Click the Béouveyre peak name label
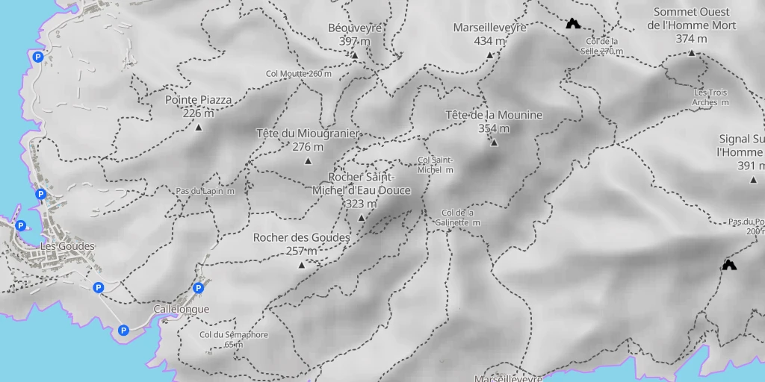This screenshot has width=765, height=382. (x=355, y=28)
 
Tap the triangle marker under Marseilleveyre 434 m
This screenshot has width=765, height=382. (x=490, y=55)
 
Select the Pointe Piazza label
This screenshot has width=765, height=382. (x=198, y=99)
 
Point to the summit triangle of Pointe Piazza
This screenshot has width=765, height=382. (x=199, y=128)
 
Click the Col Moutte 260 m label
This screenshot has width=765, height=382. (x=298, y=74)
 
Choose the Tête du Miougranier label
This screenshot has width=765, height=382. (x=308, y=134)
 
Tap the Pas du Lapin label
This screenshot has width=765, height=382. (x=205, y=191)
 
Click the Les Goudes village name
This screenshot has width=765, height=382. (x=67, y=246)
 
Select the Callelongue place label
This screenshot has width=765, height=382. (x=181, y=309)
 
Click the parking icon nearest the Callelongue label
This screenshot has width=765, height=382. (x=198, y=288)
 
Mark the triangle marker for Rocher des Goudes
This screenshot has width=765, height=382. (x=302, y=266)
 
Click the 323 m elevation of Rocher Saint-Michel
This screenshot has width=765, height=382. (x=362, y=204)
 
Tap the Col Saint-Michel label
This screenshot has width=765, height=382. (x=436, y=165)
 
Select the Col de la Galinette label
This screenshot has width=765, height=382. (x=460, y=217)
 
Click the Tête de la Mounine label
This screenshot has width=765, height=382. (x=493, y=115)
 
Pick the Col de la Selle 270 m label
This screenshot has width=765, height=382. (x=601, y=46)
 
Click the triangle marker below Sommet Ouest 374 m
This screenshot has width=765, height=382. (x=691, y=53)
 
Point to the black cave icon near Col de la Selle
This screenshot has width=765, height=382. (x=573, y=24)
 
